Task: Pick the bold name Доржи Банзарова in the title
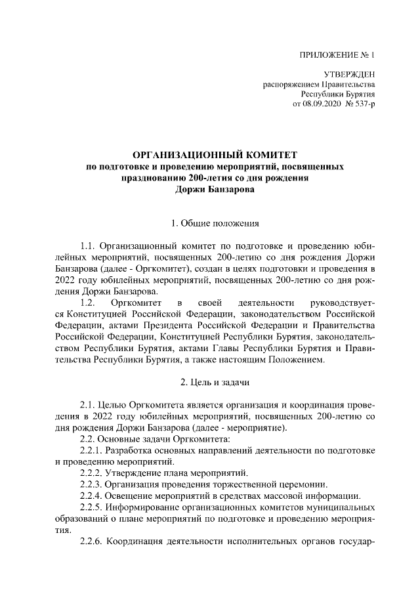click(x=215, y=190)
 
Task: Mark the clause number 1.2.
click(x=89, y=303)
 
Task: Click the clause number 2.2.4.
click(x=93, y=496)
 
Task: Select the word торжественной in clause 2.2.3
click(x=234, y=484)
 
